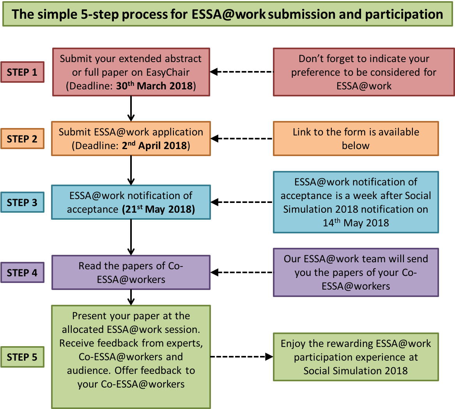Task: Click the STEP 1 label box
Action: pyautogui.click(x=22, y=72)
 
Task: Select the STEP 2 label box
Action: pyautogui.click(x=22, y=139)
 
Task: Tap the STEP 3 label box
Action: pyautogui.click(x=22, y=202)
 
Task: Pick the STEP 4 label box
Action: pyautogui.click(x=22, y=272)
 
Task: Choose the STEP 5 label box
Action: pyautogui.click(x=22, y=357)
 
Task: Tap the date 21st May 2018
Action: pyautogui.click(x=158, y=209)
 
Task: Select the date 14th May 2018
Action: pyautogui.click(x=356, y=222)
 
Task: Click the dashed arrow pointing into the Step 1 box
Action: pyautogui.click(x=242, y=72)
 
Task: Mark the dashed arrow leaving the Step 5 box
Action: pyautogui.click(x=242, y=356)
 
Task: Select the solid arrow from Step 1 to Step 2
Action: pyautogui.click(x=131, y=108)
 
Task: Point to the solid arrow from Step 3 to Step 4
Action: pyautogui.click(x=131, y=237)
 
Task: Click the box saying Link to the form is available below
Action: pyautogui.click(x=356, y=139)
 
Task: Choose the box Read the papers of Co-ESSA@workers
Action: pyautogui.click(x=131, y=272)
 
